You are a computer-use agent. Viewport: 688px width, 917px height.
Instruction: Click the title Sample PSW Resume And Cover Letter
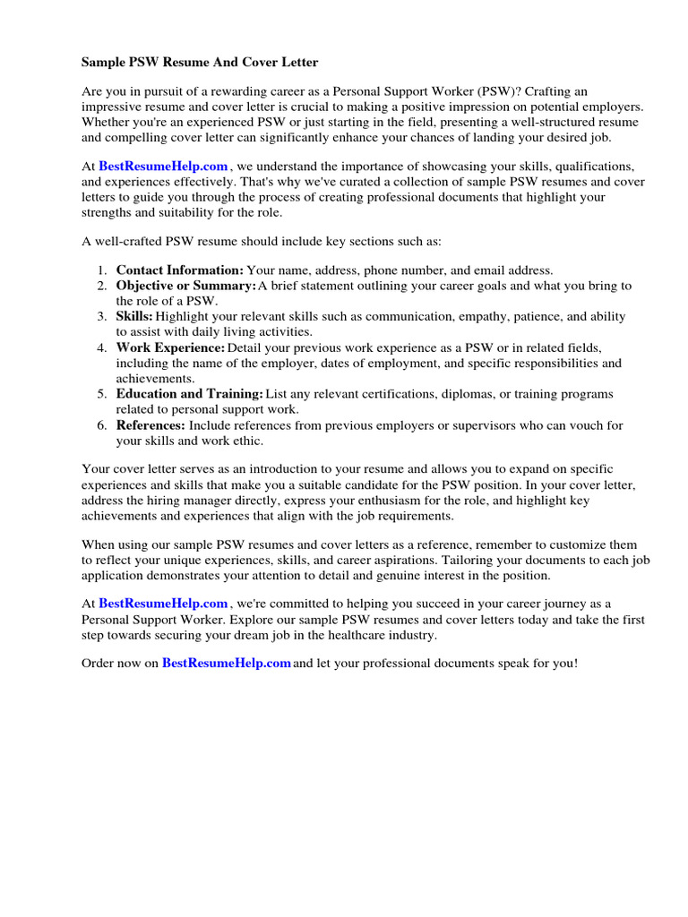point(200,63)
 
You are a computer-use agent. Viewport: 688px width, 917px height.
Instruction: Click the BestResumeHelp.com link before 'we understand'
point(163,167)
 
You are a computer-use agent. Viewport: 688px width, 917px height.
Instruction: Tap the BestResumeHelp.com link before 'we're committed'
point(163,604)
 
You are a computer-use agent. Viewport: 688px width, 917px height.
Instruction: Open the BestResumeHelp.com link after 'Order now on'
point(227,663)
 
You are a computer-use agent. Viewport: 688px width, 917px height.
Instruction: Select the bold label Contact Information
point(180,270)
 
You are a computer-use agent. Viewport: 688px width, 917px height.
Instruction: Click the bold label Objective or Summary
point(186,286)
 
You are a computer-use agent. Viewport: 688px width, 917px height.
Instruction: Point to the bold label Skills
point(134,317)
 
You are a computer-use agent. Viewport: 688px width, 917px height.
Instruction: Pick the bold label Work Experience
point(171,347)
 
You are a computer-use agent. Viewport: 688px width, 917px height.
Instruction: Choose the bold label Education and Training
point(190,394)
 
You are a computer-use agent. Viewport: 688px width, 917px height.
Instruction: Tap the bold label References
point(150,425)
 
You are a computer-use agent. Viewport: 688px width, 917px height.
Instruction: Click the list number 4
point(102,347)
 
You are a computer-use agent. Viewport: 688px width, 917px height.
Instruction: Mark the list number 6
point(102,425)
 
